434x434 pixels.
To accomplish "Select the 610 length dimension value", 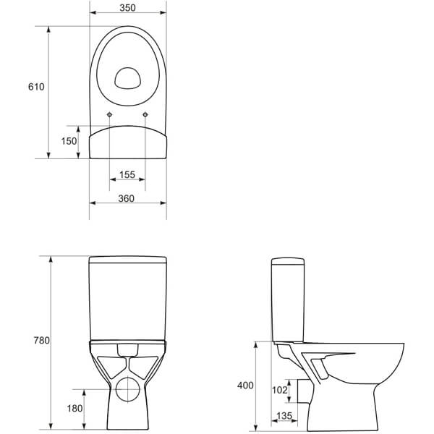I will (36, 87).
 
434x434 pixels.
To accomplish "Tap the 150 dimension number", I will (69, 141).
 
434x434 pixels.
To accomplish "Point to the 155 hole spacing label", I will (127, 175).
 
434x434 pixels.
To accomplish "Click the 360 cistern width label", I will (127, 199).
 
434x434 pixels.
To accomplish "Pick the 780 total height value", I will (40, 340).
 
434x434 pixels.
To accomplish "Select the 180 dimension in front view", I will (75, 409).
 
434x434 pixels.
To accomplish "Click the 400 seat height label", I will (245, 386).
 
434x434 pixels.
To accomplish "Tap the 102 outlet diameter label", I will (278, 388).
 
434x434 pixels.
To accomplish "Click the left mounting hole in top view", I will (109, 116).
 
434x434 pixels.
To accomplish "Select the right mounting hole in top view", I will (145, 116).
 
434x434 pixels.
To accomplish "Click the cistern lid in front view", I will (128, 260).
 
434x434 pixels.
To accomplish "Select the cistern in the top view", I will (128, 143).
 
